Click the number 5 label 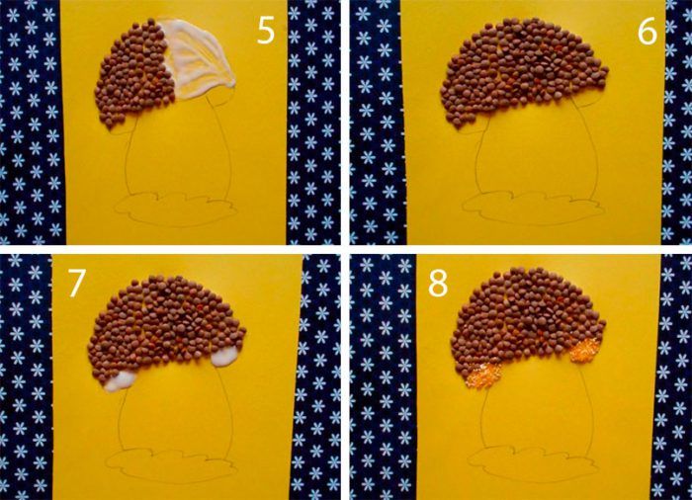(x=266, y=31)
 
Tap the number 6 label (x=648, y=31)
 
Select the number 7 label (x=75, y=283)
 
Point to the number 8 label (x=438, y=283)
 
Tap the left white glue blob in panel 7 (x=120, y=380)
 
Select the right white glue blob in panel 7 (x=225, y=356)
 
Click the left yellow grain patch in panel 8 (x=484, y=376)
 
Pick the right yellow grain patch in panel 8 (x=585, y=350)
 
